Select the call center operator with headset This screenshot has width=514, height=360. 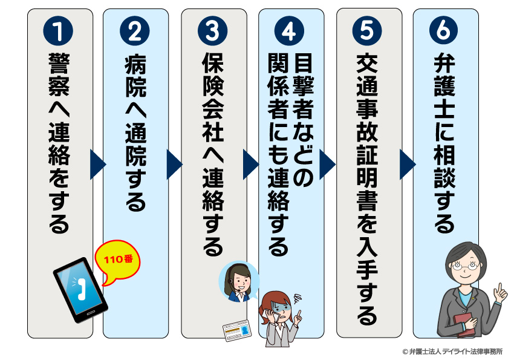pyautogui.click(x=238, y=281)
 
